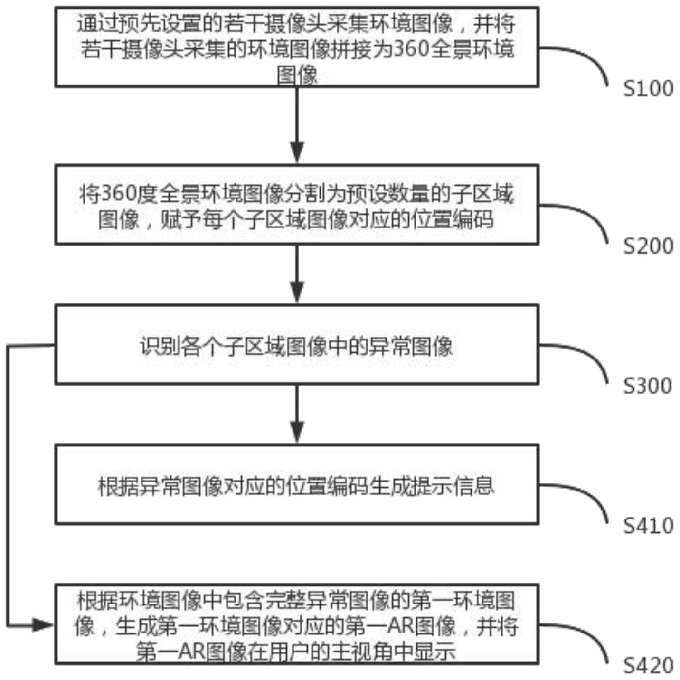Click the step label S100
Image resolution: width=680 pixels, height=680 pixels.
pos(648,89)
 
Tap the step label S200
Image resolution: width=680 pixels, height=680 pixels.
pos(648,246)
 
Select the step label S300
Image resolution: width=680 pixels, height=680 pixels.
pos(648,386)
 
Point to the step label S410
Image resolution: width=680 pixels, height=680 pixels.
pos(648,526)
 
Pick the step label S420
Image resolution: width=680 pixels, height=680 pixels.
pos(648,666)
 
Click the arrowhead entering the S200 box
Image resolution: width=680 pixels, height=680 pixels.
pos(297,152)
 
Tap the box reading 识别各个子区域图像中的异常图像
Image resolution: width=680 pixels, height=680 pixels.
pos(297,344)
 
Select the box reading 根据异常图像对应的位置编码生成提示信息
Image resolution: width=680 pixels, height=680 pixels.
pos(297,484)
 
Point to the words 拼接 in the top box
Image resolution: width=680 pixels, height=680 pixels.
pos(351,49)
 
